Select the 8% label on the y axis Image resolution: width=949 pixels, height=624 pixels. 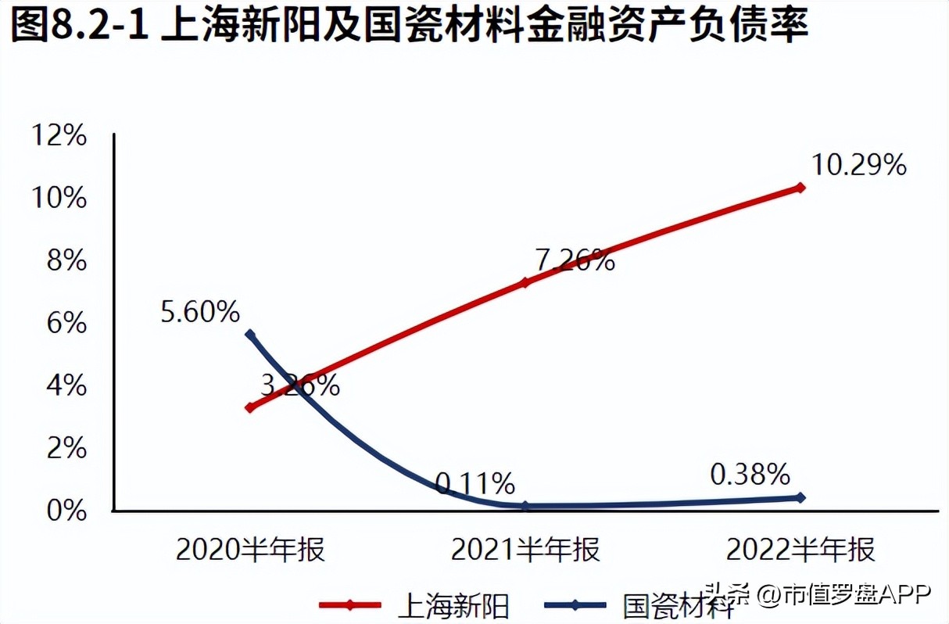[64, 261]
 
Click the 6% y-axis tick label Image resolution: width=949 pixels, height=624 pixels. [64, 324]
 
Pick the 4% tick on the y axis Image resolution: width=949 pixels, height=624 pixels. [64, 386]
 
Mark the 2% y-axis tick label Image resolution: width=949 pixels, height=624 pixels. [64, 449]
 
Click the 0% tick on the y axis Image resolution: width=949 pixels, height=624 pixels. [64, 511]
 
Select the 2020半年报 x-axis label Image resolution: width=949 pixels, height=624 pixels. [250, 550]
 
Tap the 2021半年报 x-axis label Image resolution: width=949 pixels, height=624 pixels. [525, 550]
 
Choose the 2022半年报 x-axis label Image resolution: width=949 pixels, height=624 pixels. [800, 550]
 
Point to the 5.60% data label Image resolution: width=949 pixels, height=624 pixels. [201, 313]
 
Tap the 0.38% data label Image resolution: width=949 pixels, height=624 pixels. [750, 474]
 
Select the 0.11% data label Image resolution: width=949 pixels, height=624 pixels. [474, 484]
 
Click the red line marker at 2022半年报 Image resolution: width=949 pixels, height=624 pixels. [800, 188]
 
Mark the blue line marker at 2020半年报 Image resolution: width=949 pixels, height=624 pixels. [250, 335]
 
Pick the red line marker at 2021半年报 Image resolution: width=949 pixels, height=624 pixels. [525, 282]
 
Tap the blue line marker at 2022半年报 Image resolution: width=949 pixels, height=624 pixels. [800, 497]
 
